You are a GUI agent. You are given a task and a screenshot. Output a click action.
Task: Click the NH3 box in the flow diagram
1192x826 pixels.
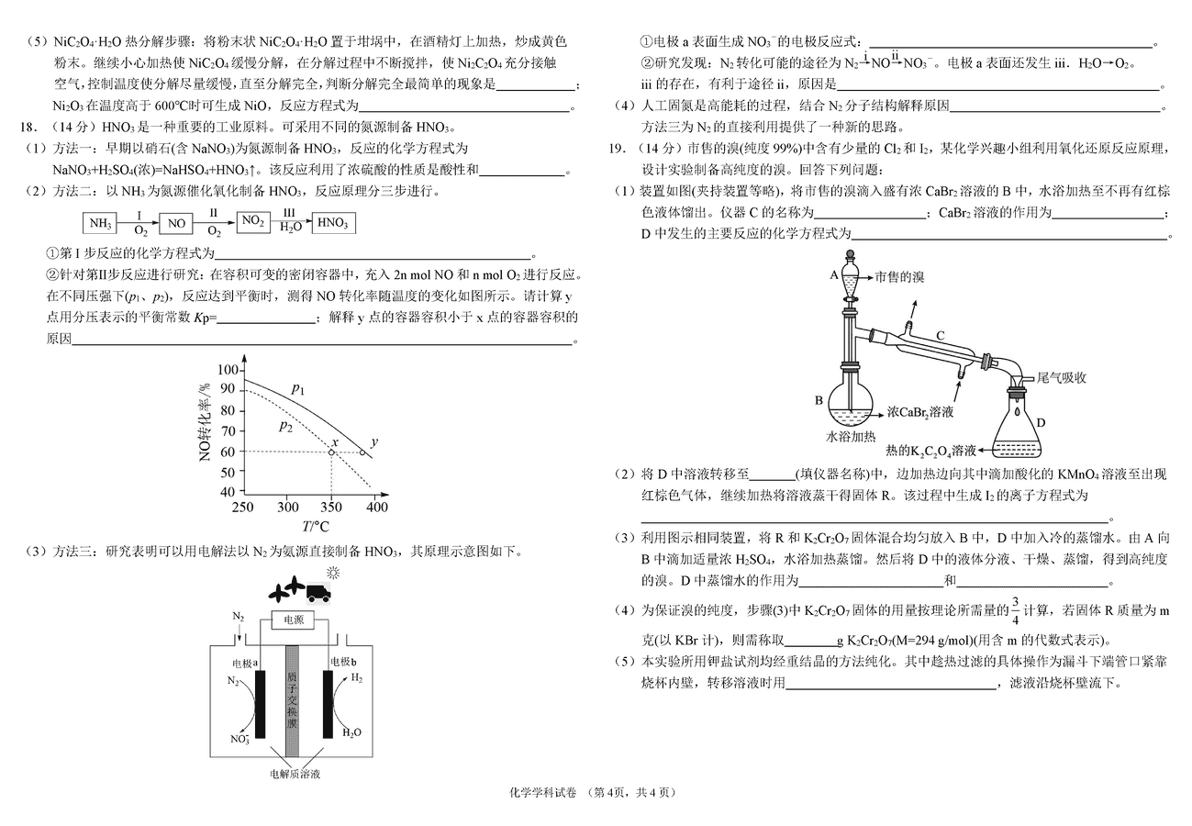[100, 223]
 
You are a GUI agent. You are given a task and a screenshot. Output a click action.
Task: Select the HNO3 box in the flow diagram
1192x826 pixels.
[334, 223]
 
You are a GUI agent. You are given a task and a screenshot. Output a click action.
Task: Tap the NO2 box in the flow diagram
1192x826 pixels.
[254, 221]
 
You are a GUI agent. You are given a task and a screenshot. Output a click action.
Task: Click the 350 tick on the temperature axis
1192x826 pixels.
[332, 507]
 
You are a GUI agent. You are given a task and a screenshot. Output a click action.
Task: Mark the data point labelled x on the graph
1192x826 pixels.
[332, 452]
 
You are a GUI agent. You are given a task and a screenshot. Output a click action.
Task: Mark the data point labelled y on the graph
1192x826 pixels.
[362, 452]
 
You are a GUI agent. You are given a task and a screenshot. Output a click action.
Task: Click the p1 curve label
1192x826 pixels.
[297, 389]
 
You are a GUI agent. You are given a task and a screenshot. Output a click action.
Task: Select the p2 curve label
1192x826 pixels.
[285, 426]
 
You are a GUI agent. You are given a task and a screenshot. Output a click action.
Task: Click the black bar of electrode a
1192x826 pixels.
[260, 704]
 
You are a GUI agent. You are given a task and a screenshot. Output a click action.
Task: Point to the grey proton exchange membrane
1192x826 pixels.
[293, 701]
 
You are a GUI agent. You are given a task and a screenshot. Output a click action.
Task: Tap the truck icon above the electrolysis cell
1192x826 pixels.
[318, 593]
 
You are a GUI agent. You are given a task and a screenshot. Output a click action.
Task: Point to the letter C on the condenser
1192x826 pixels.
[940, 337]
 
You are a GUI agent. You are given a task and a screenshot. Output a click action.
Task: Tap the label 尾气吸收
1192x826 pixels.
[1062, 377]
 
